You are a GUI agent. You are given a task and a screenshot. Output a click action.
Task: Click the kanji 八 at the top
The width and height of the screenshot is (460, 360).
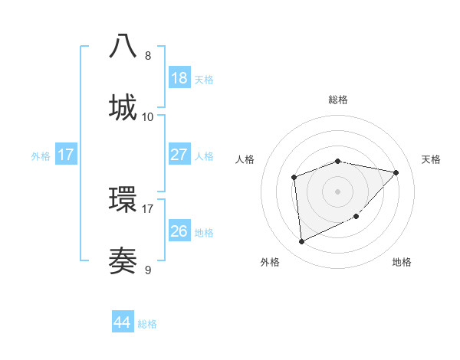pos(123,45)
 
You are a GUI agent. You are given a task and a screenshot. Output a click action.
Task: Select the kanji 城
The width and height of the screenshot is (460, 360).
pos(123,107)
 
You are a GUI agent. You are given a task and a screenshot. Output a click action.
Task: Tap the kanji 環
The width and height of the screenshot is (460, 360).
pos(123,198)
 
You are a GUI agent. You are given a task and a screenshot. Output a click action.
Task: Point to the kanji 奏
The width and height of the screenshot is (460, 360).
pos(123,260)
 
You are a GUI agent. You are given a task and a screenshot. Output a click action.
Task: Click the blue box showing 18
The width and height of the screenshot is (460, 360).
pos(179,78)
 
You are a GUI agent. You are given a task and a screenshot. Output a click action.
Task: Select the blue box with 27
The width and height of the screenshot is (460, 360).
pos(179,155)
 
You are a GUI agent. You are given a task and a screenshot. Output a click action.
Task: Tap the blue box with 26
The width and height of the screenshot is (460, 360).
pos(179,231)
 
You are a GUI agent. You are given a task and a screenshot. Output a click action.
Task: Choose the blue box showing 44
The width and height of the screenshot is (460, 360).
pos(123,322)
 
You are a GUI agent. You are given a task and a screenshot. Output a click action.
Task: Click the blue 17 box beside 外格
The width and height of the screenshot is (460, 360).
pos(65,155)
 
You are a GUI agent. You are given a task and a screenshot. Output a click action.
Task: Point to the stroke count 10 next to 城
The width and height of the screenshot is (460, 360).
pos(148,116)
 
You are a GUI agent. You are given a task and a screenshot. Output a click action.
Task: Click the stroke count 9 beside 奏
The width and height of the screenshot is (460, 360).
pos(148,269)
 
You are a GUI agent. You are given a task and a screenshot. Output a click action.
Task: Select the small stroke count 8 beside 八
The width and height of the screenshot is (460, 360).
pos(148,55)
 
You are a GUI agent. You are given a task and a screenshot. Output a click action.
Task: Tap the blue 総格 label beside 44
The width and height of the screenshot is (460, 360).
pos(147,324)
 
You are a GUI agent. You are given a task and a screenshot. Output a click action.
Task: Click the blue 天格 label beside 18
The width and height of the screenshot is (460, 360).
pos(204,79)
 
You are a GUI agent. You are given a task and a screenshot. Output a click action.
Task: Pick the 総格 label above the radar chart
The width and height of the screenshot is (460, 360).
pos(338,100)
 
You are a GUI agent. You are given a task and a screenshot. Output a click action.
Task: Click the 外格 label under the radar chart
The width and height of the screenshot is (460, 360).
pos(270,263)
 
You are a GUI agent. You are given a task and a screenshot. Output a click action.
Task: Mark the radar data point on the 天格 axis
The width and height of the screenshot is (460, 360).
pos(396,172)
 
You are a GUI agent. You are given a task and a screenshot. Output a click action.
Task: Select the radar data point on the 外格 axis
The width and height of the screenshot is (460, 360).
pos(301,242)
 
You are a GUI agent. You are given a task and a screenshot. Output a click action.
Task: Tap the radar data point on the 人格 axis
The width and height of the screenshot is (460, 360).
pos(294,178)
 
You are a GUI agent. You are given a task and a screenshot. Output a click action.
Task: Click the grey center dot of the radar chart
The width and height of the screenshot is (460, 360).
pos(337,191)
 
